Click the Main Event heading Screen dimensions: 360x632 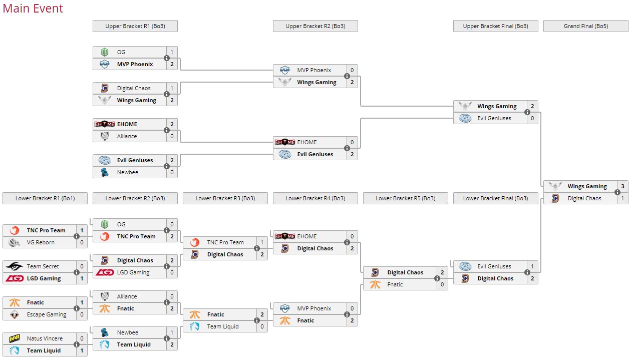pyautogui.click(x=33, y=9)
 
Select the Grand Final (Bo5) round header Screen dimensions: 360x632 pyautogui.click(x=585, y=26)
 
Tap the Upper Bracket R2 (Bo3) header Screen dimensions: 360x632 pyautogui.click(x=315, y=26)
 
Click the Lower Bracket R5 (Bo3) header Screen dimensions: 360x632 pyautogui.click(x=405, y=198)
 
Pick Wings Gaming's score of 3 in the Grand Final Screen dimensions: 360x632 pyautogui.click(x=622, y=186)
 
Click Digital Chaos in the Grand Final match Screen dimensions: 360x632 pyautogui.click(x=584, y=198)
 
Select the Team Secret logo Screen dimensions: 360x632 pyautogui.click(x=15, y=266)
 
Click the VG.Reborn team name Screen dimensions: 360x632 pyautogui.click(x=41, y=242)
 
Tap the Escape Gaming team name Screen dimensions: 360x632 pyautogui.click(x=47, y=314)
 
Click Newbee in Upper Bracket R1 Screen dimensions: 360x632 pyautogui.click(x=128, y=172)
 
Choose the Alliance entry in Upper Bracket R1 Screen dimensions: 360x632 pyautogui.click(x=127, y=136)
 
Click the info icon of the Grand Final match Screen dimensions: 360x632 pyautogui.click(x=617, y=192)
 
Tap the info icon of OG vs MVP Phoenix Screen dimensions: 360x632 pyautogui.click(x=167, y=58)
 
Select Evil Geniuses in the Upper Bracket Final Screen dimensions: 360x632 pyautogui.click(x=494, y=118)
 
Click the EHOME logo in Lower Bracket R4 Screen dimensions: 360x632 pyautogui.click(x=285, y=236)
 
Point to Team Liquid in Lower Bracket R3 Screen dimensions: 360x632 pyautogui.click(x=223, y=326)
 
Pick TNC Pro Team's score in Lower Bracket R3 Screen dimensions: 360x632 pyautogui.click(x=262, y=242)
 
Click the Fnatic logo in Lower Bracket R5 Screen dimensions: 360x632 pyautogui.click(x=375, y=284)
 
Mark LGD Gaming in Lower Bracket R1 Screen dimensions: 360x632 pyautogui.click(x=44, y=278)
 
